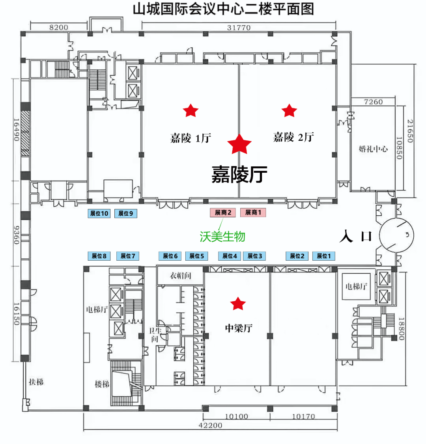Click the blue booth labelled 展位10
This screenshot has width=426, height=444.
click(99, 213)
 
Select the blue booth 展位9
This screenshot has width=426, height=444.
click(126, 213)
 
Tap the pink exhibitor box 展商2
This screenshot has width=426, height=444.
click(222, 213)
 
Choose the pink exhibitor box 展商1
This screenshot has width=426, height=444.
click(253, 213)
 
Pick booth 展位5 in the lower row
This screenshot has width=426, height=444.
click(196, 256)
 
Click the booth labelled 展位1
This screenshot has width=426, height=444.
click(324, 256)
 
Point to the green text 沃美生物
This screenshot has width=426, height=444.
click(222, 237)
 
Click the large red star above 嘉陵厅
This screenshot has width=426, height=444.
click(239, 144)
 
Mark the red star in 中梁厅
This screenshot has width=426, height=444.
click(238, 304)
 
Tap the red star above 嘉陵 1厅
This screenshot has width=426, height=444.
click(191, 110)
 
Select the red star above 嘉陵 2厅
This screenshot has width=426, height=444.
click(289, 110)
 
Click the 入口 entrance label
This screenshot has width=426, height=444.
click(356, 236)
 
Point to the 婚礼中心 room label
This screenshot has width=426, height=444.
click(373, 149)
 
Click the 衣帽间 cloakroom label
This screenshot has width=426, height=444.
click(180, 276)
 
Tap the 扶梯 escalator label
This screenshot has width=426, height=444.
click(36, 382)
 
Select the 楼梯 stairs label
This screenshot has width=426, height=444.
click(102, 384)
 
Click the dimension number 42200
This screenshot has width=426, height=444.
click(211, 425)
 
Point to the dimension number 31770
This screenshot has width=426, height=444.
click(239, 28)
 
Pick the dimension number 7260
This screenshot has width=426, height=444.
click(373, 102)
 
